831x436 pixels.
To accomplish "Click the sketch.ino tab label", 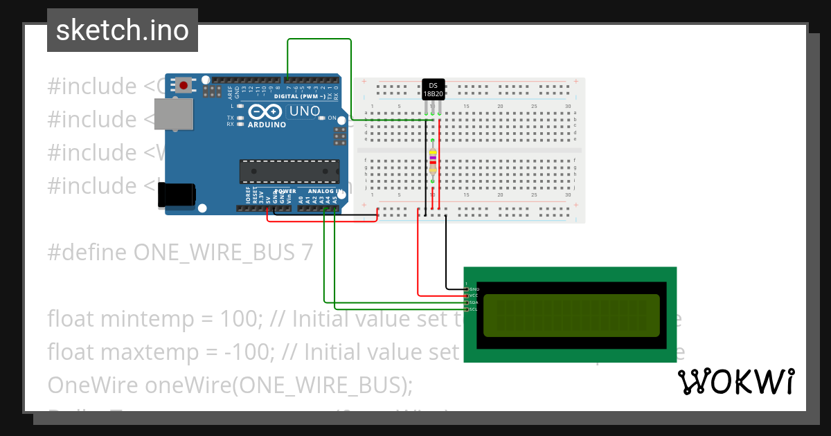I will [x=123, y=30].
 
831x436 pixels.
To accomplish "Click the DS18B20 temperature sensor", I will [x=434, y=89].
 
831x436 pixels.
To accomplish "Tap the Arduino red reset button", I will [x=184, y=86].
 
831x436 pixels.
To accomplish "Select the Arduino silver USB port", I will [x=173, y=114].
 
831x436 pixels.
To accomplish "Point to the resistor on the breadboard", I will [x=433, y=161].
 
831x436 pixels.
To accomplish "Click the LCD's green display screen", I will [x=571, y=315].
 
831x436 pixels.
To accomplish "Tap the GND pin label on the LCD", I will [x=474, y=289].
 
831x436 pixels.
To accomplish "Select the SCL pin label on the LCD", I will [x=474, y=309].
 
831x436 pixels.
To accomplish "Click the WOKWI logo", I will [x=735, y=382].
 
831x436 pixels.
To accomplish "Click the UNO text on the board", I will [x=305, y=111].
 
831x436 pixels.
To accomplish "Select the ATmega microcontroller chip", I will [x=289, y=171].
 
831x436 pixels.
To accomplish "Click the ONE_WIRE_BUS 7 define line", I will [x=180, y=252].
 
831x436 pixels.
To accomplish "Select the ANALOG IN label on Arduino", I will [x=321, y=191].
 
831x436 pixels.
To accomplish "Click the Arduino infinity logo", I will [x=264, y=111].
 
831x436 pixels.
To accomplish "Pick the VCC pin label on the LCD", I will [x=474, y=296].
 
